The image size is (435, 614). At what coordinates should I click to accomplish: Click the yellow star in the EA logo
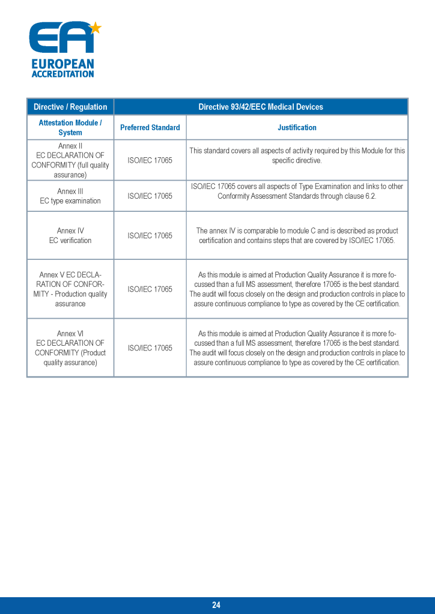click(x=95, y=28)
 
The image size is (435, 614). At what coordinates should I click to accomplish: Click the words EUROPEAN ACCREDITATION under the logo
click(x=62, y=68)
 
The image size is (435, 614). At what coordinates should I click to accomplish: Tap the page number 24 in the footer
click(x=216, y=605)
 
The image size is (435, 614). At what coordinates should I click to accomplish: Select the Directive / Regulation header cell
click(x=70, y=107)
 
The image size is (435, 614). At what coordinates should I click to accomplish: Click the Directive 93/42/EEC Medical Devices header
click(x=260, y=107)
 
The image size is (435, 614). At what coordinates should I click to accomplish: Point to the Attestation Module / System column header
click(x=70, y=127)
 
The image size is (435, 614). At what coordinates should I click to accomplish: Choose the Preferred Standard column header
click(x=150, y=127)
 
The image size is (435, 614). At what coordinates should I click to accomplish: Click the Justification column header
click(x=297, y=127)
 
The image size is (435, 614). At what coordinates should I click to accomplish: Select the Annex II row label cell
click(x=70, y=160)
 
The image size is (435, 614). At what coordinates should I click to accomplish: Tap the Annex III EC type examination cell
click(x=70, y=196)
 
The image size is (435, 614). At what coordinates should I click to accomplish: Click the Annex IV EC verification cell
click(x=70, y=235)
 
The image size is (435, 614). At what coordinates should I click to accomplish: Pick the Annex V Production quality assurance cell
click(x=70, y=289)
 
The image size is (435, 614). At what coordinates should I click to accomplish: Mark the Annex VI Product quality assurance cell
click(x=70, y=348)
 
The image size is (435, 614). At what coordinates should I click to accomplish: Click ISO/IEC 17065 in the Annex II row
click(x=150, y=160)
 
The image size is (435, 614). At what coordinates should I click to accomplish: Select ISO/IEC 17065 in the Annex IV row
click(x=150, y=235)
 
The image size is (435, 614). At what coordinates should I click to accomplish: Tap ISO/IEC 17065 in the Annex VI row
click(x=150, y=348)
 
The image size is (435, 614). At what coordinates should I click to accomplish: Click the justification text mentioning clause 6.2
click(x=297, y=191)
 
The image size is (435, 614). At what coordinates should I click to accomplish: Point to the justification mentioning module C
click(x=297, y=235)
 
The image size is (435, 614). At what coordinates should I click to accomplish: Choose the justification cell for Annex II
click(x=297, y=155)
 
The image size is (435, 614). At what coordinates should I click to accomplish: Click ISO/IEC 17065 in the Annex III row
click(x=150, y=196)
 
